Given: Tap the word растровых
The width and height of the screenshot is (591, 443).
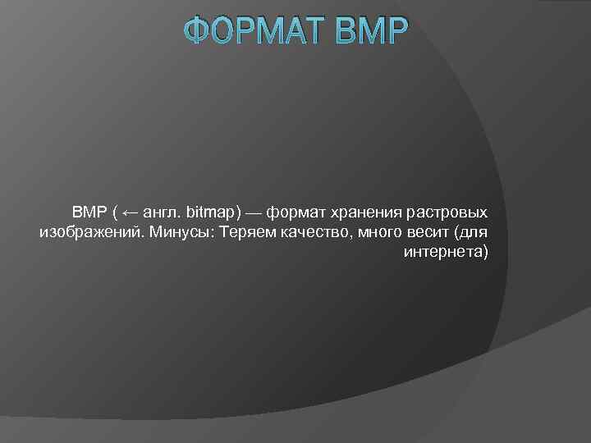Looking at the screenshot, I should click(x=444, y=213).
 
